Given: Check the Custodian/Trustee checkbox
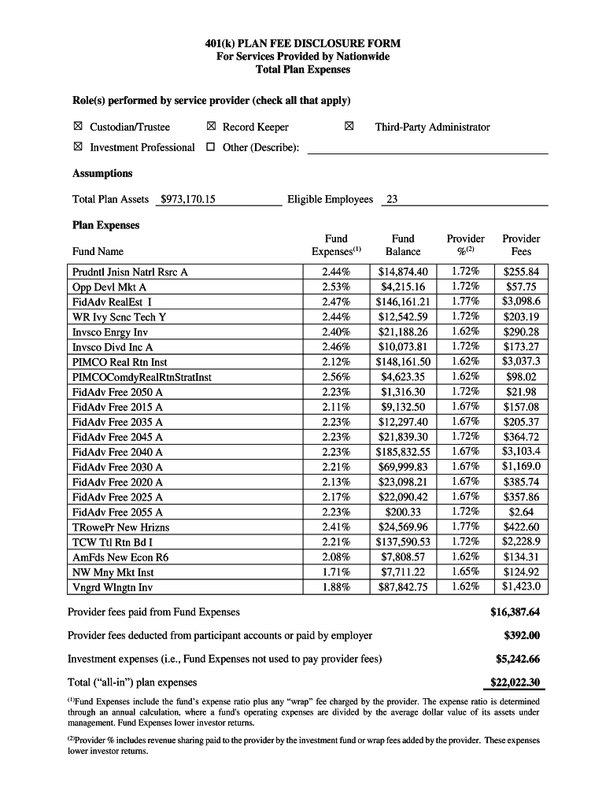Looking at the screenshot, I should [x=78, y=127].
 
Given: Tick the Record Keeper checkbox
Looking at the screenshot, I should [x=210, y=127].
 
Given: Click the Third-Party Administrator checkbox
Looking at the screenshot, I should [x=349, y=127].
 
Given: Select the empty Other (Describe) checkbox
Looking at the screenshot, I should [x=210, y=147].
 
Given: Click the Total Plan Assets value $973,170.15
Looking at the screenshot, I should [x=187, y=199].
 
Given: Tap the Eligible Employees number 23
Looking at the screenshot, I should [x=391, y=199].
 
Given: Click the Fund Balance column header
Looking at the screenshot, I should [x=403, y=245].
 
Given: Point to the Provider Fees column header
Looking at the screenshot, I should [x=521, y=245].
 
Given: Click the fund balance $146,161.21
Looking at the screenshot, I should [x=404, y=301].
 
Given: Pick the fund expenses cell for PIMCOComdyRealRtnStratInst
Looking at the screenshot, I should [x=336, y=377].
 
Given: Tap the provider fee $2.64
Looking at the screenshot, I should [x=521, y=512].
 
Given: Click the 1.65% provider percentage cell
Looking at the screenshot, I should [x=466, y=572].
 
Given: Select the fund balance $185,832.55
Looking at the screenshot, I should [x=404, y=452].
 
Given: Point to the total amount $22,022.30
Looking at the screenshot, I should [x=515, y=682].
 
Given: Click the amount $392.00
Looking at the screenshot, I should [x=521, y=635].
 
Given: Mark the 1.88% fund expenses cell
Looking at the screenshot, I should [x=336, y=587].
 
